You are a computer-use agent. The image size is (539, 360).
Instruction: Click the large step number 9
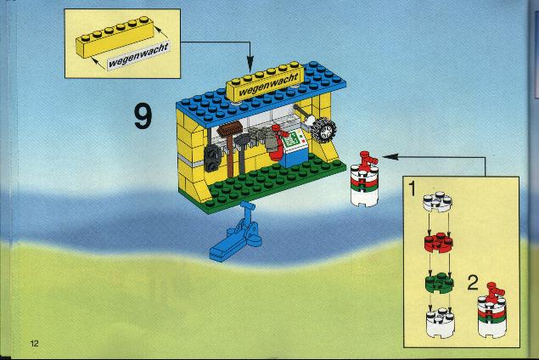coord(143,116)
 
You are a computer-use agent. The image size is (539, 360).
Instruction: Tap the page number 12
coord(34,343)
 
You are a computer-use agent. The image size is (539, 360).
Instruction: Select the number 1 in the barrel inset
coord(412,188)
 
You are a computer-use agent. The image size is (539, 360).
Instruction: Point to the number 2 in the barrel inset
coord(473,283)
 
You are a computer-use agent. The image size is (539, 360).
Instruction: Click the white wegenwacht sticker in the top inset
coord(138,56)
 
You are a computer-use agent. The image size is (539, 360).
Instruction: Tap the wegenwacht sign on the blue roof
coord(265,82)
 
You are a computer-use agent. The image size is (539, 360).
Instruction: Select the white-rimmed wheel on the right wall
coord(323,130)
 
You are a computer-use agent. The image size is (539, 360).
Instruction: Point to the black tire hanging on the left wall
coord(213,159)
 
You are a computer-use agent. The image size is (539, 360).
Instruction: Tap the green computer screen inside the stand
coord(292,140)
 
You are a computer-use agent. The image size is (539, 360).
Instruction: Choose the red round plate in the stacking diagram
coord(438,242)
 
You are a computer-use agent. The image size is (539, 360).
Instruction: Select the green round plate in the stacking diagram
coord(440,283)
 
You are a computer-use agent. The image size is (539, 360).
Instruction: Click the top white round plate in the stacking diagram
coord(437,201)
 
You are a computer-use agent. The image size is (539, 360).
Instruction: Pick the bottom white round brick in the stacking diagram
coord(440,323)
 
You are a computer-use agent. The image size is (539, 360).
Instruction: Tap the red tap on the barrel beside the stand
coord(368,160)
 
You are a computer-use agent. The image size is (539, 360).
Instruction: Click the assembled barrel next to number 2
coord(492,311)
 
